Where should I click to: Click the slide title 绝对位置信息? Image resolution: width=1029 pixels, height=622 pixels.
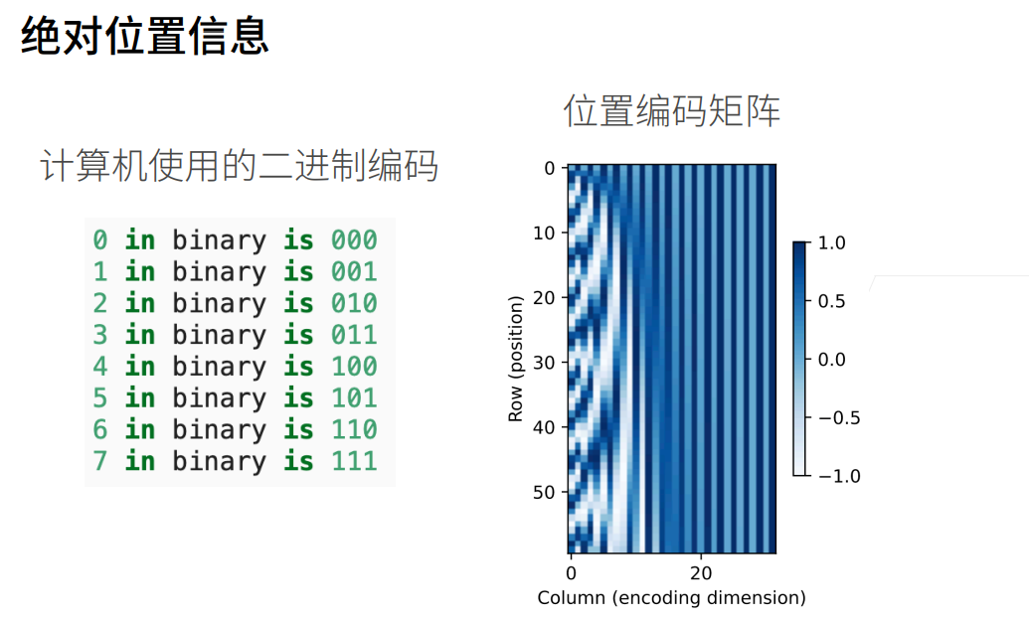click(x=145, y=36)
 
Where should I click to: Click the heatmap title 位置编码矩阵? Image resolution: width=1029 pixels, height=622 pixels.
click(x=671, y=110)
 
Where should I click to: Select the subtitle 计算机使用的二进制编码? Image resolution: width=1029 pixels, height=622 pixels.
click(x=239, y=165)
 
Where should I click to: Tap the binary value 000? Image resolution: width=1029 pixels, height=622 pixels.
click(x=354, y=240)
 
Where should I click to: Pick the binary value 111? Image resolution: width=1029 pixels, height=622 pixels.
click(x=354, y=461)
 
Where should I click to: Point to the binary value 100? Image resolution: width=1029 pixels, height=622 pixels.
click(x=354, y=366)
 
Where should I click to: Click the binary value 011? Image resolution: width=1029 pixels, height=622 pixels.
click(x=354, y=335)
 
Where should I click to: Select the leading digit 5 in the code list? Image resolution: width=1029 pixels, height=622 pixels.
click(x=99, y=397)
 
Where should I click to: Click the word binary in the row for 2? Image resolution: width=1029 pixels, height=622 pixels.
click(x=219, y=304)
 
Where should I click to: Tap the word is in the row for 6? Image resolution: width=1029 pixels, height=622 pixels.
click(x=298, y=430)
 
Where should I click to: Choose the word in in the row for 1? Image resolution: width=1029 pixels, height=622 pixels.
click(x=140, y=271)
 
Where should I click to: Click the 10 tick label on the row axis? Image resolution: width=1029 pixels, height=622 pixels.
click(x=544, y=233)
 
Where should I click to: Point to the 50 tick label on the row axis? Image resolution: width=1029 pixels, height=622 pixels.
click(x=544, y=492)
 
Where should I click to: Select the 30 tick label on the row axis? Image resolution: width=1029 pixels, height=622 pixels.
click(x=544, y=363)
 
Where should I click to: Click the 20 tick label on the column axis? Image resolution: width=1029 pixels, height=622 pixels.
click(x=701, y=573)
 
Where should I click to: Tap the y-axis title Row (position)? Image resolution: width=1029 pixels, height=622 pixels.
click(x=516, y=359)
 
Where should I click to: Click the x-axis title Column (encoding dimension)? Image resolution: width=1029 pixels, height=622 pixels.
click(x=671, y=598)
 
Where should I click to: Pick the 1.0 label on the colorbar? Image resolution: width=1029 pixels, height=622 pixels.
click(x=831, y=243)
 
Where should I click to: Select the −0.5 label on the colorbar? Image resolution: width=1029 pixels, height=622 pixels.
click(x=839, y=418)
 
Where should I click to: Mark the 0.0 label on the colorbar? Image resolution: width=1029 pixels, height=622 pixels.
click(x=831, y=360)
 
